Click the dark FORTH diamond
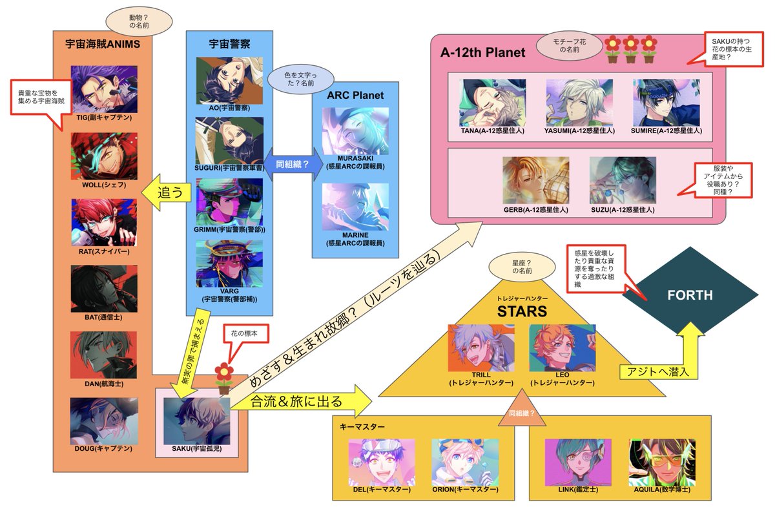[x=690, y=295]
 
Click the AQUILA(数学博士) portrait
[x=661, y=462]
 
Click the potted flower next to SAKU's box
[x=223, y=379]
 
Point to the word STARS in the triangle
[x=521, y=312]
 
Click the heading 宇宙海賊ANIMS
[x=103, y=45]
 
